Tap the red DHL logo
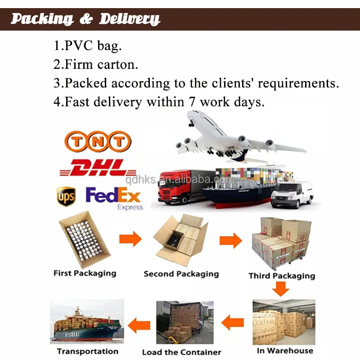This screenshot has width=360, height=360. pos(98,168)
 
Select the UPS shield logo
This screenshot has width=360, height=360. pos(66,196)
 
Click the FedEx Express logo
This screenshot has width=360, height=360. pos(114,198)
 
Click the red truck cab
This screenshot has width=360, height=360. pos(169,187)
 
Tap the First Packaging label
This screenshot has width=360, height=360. pos(85,273)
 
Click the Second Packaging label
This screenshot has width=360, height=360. pos(181,274)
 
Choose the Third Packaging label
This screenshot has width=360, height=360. pos(282,276)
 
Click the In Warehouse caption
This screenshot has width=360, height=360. pos(285,351)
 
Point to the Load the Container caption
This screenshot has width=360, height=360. pos(182,352)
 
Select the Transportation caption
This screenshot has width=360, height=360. pos(88,351)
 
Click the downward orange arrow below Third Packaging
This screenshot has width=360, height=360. pos(280,288)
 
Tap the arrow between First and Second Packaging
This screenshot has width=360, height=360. pos(130,239)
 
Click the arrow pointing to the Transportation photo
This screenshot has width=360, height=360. pos(139,324)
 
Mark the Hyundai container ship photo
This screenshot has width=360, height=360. pos(87,323)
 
